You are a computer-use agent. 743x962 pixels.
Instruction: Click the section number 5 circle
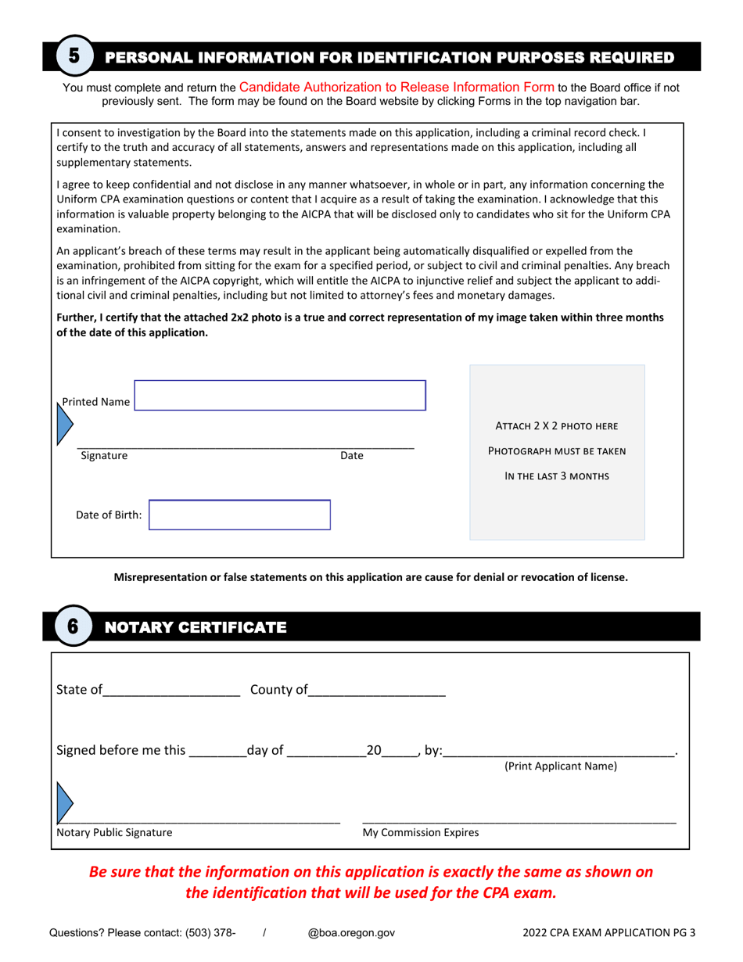click(74, 56)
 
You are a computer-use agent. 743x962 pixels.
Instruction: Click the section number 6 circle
click(73, 626)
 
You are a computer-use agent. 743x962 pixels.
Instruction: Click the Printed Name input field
click(280, 396)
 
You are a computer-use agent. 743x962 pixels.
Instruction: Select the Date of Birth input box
click(239, 515)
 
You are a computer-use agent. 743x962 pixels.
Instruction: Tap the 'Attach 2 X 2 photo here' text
click(557, 426)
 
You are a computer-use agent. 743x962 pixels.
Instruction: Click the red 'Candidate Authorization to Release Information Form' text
click(397, 87)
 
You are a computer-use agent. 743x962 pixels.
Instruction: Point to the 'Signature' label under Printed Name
click(104, 456)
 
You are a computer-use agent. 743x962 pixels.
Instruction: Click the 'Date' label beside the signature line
click(351, 456)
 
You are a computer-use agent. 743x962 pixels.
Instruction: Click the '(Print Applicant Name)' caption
click(561, 766)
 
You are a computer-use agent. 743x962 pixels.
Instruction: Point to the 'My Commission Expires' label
click(421, 833)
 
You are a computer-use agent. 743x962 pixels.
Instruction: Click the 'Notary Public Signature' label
click(114, 833)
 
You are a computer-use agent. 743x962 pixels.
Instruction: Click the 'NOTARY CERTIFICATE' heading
click(196, 627)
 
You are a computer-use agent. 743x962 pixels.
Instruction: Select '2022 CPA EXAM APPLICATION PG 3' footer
click(609, 932)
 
